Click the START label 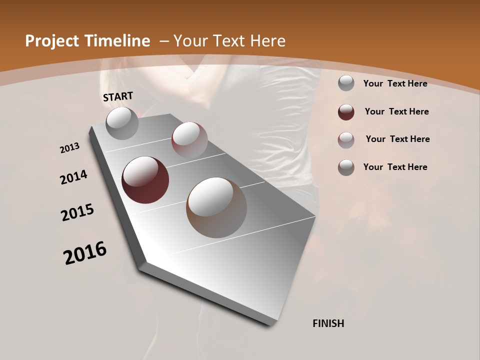coord(118,96)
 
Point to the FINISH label coord(328,323)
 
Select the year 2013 coord(70,148)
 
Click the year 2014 coord(73,177)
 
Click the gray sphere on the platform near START coord(122,123)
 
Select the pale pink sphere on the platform coord(189,139)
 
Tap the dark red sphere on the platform coord(145,180)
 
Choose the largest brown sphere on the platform coord(216,207)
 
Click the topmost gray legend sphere coord(346,83)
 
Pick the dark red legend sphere coord(346,112)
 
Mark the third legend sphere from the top coord(346,140)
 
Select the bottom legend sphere coord(346,167)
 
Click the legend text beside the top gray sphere coord(395,83)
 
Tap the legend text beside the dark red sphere coord(396,111)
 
